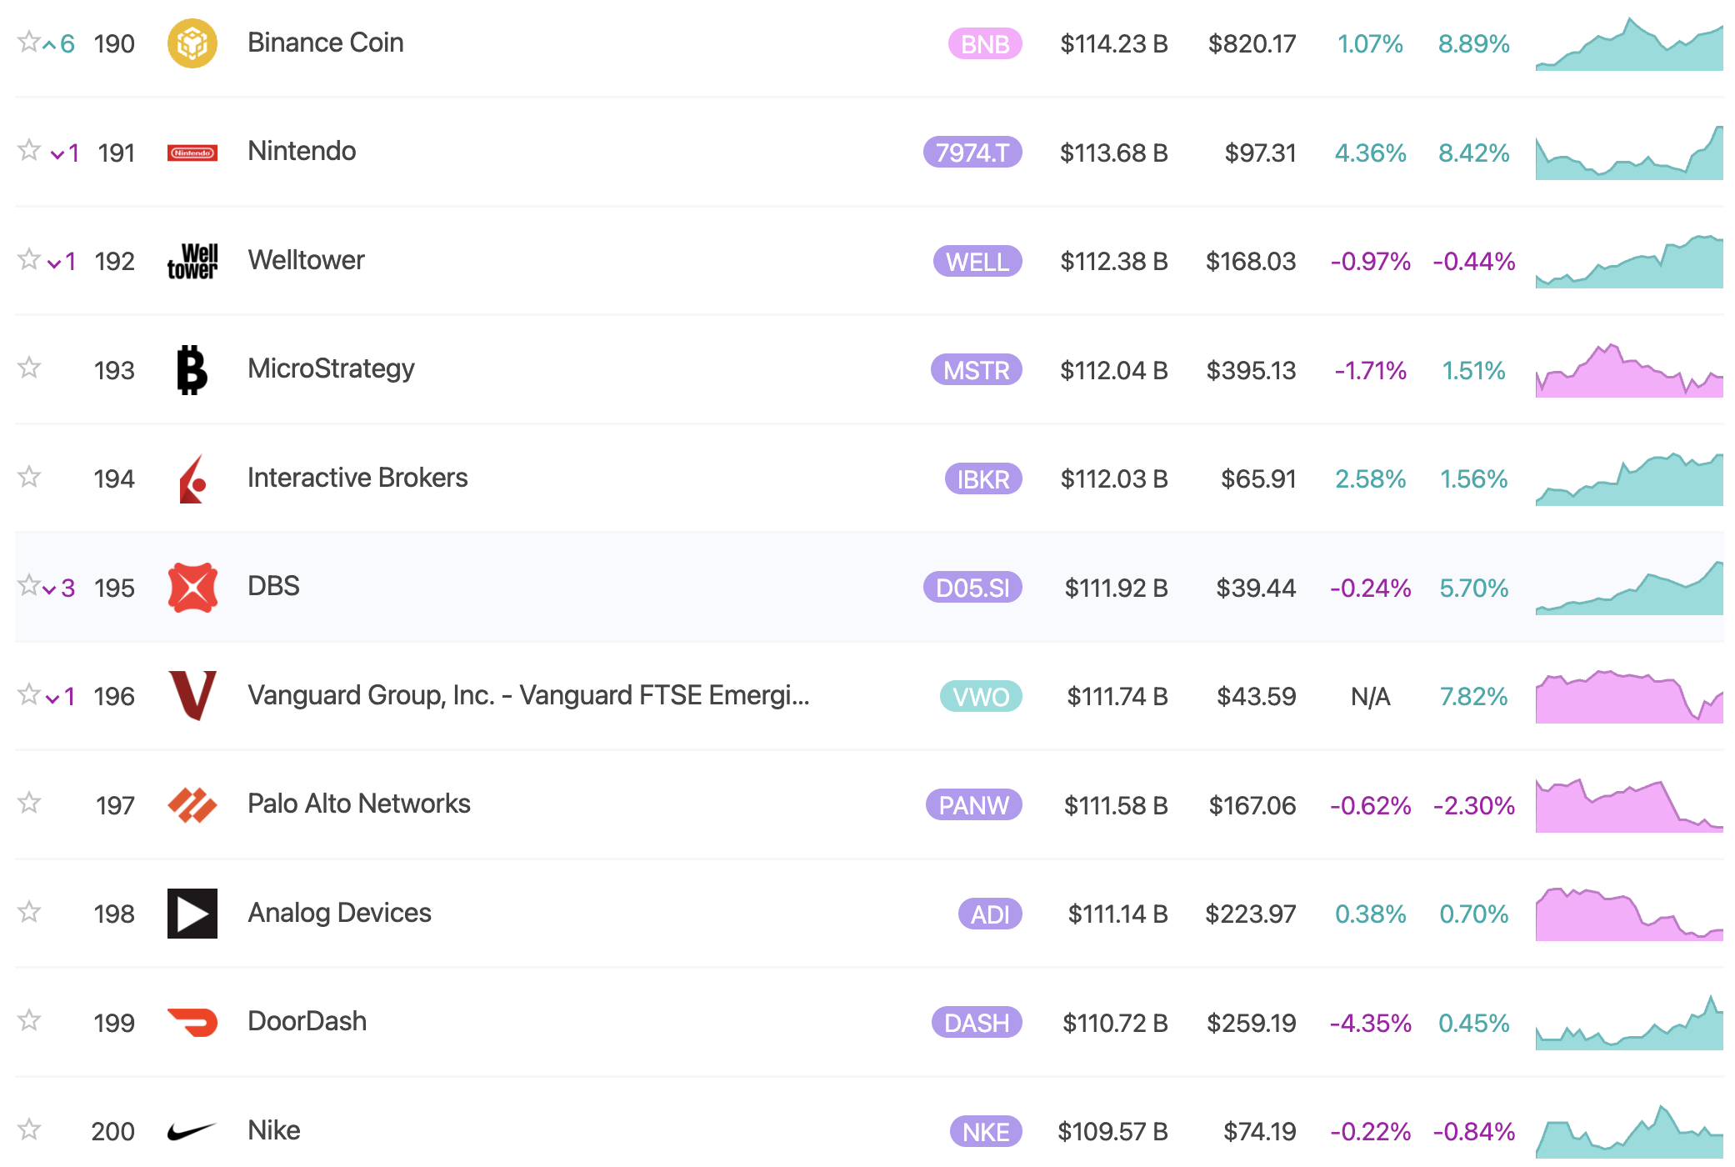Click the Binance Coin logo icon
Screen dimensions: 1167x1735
(x=192, y=43)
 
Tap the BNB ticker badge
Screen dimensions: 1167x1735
(x=984, y=44)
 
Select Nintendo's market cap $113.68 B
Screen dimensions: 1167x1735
(x=1113, y=153)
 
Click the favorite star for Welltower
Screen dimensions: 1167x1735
(x=29, y=259)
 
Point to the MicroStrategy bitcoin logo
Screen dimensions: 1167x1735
(x=192, y=369)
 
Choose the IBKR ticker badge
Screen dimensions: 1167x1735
(x=982, y=479)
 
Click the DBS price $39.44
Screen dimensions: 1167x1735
(x=1255, y=589)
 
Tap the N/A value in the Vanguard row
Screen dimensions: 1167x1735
(x=1370, y=697)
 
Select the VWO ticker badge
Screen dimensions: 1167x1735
(x=980, y=697)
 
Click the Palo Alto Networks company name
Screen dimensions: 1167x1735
(x=358, y=804)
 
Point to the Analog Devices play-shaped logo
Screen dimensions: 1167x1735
(x=192, y=914)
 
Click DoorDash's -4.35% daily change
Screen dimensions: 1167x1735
(x=1370, y=1023)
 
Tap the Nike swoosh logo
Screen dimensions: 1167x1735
(x=192, y=1131)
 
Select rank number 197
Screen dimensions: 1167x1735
(x=115, y=805)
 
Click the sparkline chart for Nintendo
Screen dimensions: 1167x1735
(x=1628, y=153)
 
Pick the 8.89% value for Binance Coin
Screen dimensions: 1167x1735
(x=1473, y=44)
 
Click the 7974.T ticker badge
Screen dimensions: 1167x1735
(x=972, y=153)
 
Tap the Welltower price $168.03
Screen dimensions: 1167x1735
(x=1250, y=262)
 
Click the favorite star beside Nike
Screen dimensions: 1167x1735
(x=29, y=1129)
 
